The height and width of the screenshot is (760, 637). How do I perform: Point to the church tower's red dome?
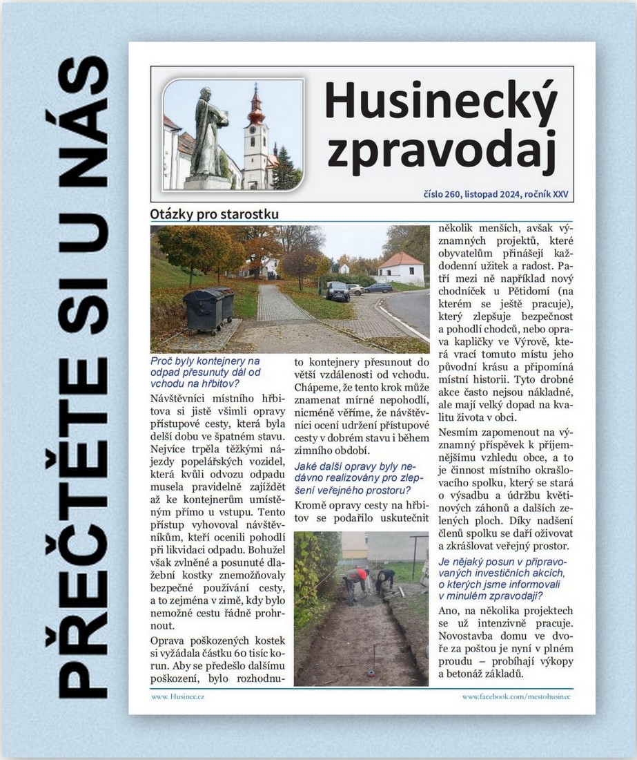point(256,111)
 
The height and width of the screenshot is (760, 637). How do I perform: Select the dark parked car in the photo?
point(337,291)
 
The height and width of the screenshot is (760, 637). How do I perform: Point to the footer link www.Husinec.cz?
point(177,696)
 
